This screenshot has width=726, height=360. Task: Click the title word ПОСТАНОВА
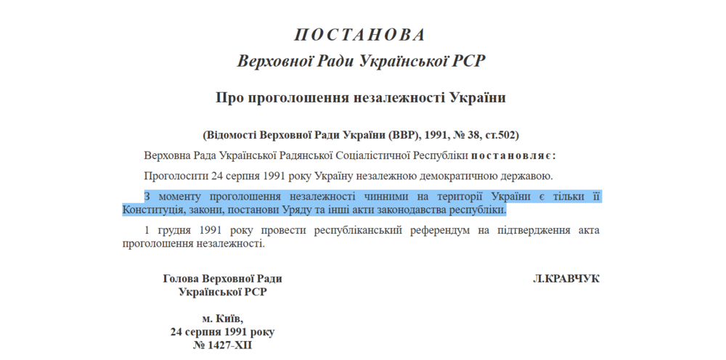[x=361, y=35]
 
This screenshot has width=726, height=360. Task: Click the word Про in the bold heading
[x=231, y=98]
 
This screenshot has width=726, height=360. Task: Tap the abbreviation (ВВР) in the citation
[x=404, y=135]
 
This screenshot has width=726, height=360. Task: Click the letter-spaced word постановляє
[x=513, y=155]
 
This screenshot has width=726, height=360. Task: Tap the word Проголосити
[x=176, y=176]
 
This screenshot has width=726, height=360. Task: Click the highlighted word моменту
[x=179, y=197]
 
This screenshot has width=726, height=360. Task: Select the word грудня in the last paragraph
[x=174, y=231]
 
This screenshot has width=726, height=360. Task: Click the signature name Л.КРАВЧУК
[x=566, y=279]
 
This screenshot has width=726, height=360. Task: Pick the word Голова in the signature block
[x=181, y=279]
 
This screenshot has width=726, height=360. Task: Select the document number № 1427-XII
[x=222, y=345]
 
